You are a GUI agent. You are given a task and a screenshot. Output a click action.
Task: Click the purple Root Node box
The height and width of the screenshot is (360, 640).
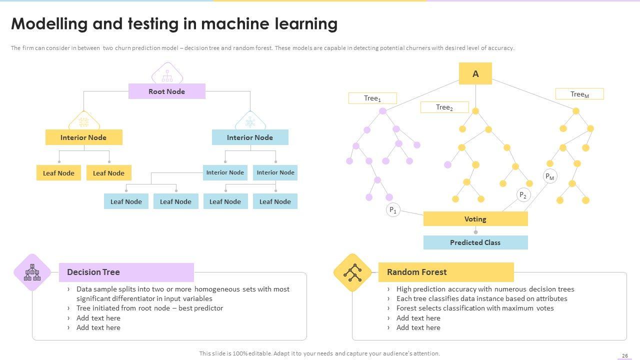tap(166, 91)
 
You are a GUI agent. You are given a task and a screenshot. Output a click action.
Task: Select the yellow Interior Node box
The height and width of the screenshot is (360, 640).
tap(83, 137)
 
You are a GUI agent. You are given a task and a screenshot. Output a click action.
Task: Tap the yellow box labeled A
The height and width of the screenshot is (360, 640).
tap(475, 73)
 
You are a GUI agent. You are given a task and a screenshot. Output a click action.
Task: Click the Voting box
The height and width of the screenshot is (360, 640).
tap(475, 219)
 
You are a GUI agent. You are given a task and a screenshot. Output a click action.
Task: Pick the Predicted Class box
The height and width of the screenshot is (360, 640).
tap(475, 242)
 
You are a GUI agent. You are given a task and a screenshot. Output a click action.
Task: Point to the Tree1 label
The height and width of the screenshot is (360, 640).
tap(372, 98)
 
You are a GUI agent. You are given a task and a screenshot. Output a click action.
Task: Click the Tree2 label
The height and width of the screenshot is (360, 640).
tap(444, 107)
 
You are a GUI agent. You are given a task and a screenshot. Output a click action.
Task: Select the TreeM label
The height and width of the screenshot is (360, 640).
tap(579, 94)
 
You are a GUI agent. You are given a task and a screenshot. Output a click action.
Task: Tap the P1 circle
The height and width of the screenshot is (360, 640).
tap(393, 210)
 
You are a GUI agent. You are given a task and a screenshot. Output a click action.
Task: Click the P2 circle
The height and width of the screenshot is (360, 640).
tap(523, 195)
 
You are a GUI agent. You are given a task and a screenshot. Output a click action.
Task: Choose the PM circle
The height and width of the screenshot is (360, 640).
tap(550, 176)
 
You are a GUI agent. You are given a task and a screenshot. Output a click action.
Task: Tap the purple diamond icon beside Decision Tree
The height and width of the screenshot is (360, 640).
tap(32, 272)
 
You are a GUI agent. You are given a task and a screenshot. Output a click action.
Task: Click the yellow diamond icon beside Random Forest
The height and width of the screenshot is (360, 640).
tap(352, 272)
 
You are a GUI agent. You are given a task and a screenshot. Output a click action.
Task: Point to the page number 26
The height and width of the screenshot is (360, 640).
tap(625, 355)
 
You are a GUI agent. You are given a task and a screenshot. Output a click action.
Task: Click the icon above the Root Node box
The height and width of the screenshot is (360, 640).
tap(167, 75)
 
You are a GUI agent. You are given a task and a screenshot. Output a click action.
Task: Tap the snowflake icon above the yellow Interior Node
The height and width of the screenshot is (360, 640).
tap(84, 122)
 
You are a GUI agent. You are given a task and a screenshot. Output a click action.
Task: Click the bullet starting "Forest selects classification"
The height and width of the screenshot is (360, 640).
tap(475, 308)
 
